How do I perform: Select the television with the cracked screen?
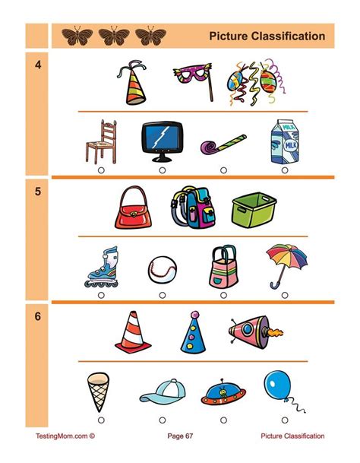tap(162, 142)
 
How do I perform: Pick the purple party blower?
tap(223, 144)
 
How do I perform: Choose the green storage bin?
tap(253, 208)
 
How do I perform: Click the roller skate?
tap(101, 267)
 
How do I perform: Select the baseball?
tap(163, 268)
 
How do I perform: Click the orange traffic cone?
tap(130, 334)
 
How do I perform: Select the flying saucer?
tap(223, 392)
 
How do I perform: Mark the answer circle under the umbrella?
tap(285, 295)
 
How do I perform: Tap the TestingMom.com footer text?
tap(65, 436)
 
